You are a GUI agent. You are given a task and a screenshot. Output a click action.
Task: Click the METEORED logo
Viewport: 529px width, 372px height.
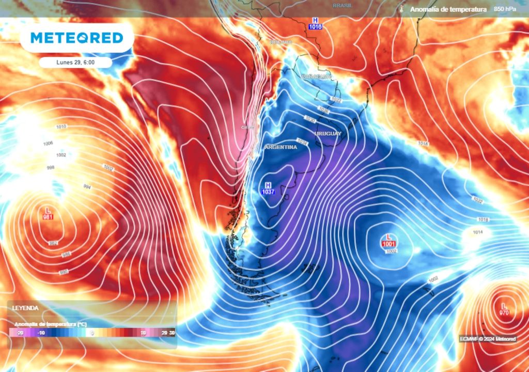[76, 38]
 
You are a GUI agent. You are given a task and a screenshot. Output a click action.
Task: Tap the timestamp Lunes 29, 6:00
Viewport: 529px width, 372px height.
[76, 63]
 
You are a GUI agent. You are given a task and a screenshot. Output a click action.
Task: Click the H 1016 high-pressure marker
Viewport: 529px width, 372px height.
[315, 23]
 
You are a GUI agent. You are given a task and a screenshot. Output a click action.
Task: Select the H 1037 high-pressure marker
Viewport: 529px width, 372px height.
[268, 189]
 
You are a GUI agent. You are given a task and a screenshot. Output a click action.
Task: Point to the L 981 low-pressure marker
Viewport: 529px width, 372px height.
[48, 213]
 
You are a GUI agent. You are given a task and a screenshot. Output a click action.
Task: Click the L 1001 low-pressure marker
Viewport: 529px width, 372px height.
[388, 241]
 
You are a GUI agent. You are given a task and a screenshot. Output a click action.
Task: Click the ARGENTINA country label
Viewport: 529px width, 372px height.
[281, 147]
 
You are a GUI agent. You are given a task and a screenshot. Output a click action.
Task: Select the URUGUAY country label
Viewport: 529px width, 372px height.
[328, 134]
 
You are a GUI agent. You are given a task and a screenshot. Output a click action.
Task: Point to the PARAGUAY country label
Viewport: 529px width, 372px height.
[316, 76]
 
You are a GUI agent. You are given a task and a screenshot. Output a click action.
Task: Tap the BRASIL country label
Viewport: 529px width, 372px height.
[342, 5]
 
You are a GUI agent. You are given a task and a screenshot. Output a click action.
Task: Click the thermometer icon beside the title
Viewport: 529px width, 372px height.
[401, 9]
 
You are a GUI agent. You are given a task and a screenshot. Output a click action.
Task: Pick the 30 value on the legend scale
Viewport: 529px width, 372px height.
[172, 333]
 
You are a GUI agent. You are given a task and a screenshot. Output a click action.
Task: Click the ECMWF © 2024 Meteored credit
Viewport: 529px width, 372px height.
[488, 339]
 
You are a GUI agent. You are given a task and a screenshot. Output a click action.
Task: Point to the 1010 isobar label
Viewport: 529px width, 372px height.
[61, 127]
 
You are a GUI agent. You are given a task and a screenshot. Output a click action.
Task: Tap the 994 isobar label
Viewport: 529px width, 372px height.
[87, 187]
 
